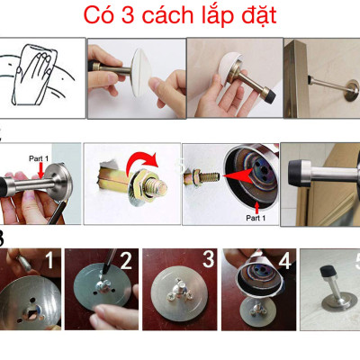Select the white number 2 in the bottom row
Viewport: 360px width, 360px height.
click(126, 262)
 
